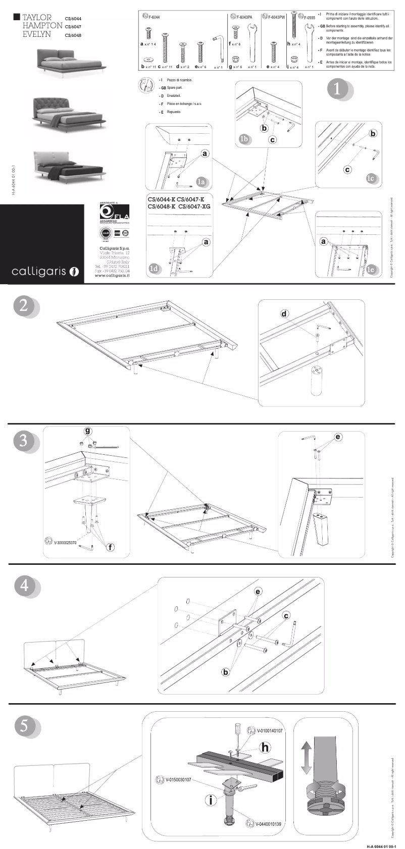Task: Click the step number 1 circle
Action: [336, 89]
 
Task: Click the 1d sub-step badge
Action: [155, 269]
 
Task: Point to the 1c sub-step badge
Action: [371, 178]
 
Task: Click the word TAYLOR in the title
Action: [37, 18]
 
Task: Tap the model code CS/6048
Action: [73, 35]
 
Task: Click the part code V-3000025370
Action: [64, 543]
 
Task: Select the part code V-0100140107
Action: [270, 730]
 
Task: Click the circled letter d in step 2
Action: [284, 314]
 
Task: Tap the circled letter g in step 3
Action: [88, 431]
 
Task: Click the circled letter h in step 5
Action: [265, 747]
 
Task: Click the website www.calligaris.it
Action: [112, 276]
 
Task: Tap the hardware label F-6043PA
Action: [244, 18]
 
